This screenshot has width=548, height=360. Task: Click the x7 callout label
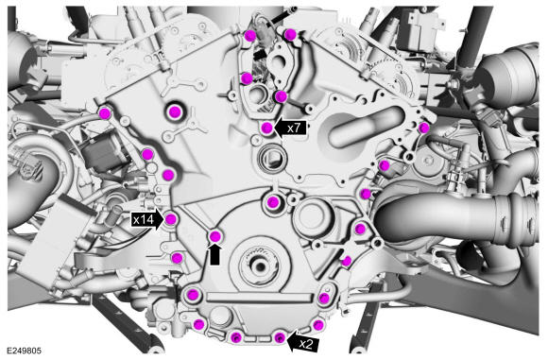coord(294,129)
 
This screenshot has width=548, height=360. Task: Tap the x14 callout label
coord(144,220)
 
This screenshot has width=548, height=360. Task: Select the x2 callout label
coord(306,345)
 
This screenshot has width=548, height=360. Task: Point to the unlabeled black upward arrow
coord(214,253)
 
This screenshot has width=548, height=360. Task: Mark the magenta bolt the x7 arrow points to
coord(267,128)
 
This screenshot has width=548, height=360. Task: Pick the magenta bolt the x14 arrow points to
coord(171,219)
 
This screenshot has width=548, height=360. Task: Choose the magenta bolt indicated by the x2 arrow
coord(279,337)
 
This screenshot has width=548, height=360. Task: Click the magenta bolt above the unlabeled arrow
coord(214,236)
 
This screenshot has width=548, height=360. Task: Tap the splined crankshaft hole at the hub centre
coord(260,266)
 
